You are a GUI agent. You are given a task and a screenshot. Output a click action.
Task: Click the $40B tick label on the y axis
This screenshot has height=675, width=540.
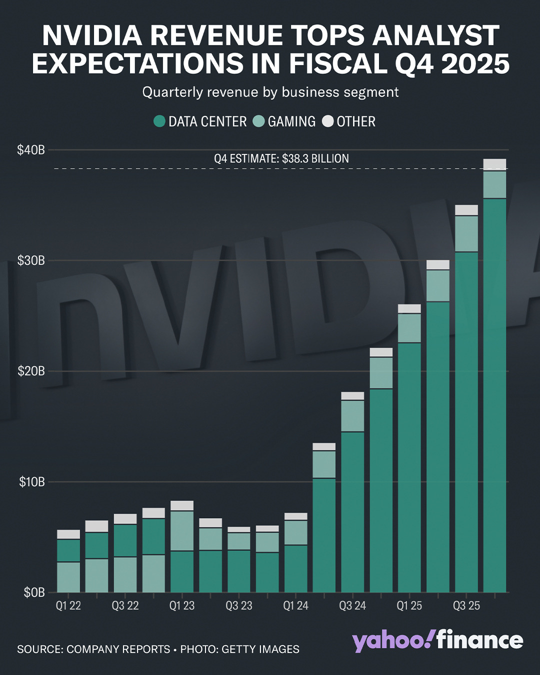(31, 150)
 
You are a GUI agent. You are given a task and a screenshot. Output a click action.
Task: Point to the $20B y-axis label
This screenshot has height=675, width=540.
(31, 371)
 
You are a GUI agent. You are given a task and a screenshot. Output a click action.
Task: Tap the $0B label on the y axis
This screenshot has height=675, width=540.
(34, 592)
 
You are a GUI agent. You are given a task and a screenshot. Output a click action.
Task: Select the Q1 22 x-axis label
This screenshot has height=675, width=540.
(68, 606)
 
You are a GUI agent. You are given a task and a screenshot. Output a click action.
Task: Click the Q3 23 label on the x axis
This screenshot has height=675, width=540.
(239, 606)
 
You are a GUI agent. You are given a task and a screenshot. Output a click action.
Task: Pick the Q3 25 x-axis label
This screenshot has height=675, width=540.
(466, 606)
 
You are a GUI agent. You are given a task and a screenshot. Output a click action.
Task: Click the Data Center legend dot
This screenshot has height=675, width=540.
(159, 121)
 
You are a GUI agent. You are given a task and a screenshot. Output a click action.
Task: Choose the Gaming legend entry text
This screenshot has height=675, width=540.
(291, 121)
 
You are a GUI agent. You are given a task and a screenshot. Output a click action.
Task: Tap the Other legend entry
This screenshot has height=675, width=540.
(355, 121)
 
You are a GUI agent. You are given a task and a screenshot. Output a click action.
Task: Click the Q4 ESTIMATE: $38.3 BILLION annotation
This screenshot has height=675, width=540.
(281, 158)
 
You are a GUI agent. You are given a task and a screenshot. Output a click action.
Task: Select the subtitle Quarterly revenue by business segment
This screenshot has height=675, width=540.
(270, 92)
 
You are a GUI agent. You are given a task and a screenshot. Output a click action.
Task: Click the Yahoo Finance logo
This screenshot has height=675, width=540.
(437, 640)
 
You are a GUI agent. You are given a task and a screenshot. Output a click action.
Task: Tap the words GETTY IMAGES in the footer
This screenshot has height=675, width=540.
(260, 649)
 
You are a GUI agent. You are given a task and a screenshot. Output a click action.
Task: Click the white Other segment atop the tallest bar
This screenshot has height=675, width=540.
(494, 164)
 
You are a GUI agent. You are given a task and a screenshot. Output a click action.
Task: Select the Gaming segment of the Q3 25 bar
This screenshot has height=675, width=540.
(466, 233)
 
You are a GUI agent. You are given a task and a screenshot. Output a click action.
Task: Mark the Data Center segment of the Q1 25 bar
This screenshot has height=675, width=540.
(409, 467)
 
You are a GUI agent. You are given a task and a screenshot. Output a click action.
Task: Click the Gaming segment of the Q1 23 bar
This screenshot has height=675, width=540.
(182, 530)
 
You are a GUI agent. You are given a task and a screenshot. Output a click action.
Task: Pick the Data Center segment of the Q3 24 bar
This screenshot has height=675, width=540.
(352, 512)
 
